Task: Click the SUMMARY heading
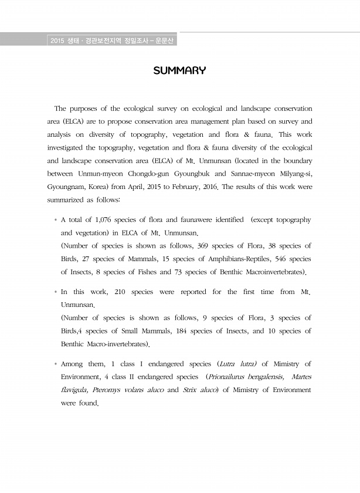tap(179, 71)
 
